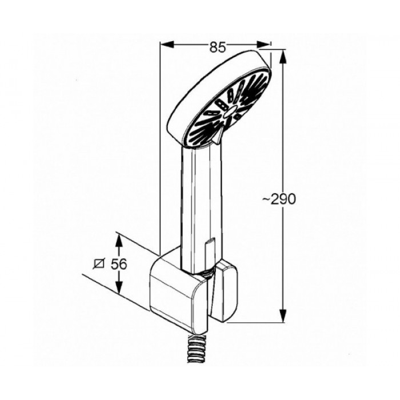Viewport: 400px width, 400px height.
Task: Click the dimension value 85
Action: [x=218, y=47]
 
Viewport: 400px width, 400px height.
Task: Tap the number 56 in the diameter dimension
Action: [x=119, y=264]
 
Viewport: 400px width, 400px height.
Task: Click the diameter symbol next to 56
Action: [x=99, y=264]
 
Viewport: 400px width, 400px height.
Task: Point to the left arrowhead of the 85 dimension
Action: [x=167, y=45]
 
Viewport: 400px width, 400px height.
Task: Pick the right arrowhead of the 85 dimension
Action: [x=263, y=45]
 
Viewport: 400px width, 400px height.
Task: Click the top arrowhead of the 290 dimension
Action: [x=283, y=57]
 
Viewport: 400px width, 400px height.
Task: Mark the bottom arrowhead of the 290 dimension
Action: [x=283, y=315]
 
